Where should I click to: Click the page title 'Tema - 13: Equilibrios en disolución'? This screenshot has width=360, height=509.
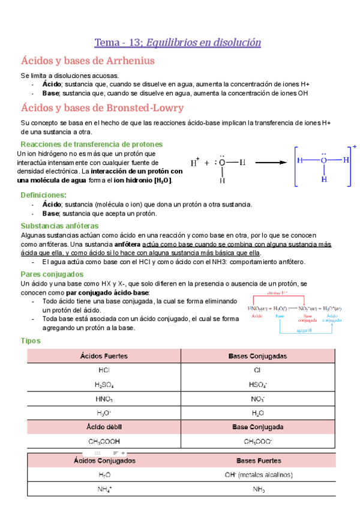point(178,43)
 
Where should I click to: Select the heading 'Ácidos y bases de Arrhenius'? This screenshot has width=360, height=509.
point(88,61)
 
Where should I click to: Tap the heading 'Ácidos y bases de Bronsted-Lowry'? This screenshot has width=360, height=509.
point(102,107)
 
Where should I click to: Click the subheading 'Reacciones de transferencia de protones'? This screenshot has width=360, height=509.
point(91,145)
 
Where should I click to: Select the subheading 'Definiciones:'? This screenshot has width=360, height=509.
point(44,195)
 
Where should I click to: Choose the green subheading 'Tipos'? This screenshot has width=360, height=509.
point(31,340)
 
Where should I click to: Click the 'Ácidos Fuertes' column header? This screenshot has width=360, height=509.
point(104,356)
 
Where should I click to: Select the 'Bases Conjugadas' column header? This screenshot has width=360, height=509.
point(257,356)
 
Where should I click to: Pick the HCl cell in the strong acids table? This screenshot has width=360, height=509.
point(104,370)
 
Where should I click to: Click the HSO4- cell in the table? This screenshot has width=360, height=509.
point(257,385)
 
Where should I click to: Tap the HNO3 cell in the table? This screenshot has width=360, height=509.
point(104,399)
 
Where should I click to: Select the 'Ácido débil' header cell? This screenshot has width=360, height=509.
point(104,427)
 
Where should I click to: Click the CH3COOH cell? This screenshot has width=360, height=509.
point(104,442)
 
